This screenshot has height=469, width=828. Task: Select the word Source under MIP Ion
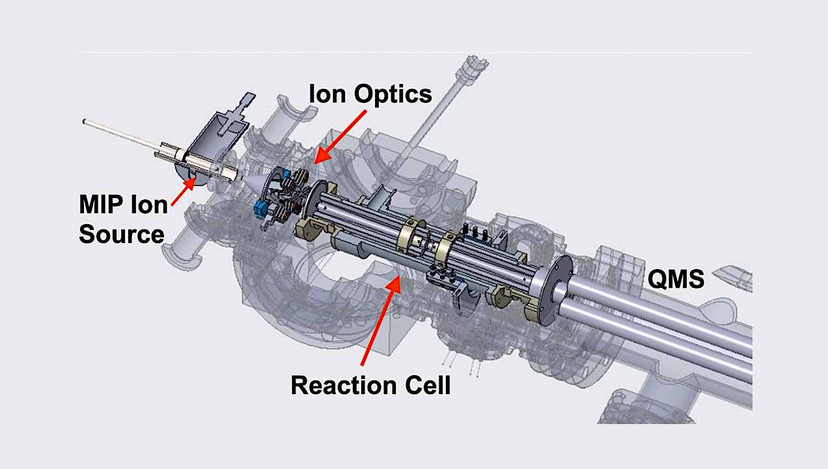point(121,233)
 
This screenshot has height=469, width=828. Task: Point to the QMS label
point(676,280)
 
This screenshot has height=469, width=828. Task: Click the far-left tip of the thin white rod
point(85,121)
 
